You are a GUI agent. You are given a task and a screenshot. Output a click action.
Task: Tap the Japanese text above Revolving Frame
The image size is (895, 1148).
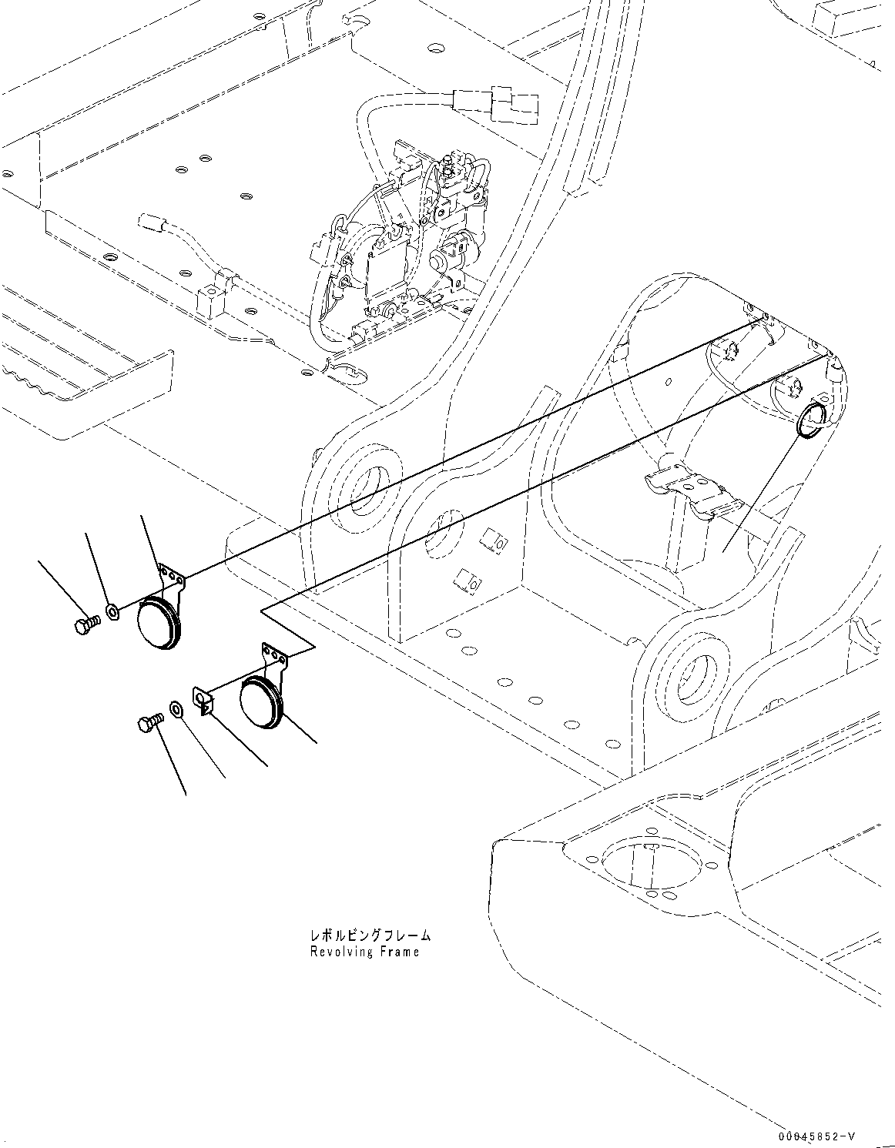(x=370, y=935)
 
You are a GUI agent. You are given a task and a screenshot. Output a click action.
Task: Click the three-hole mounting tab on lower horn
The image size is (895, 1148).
(x=276, y=654)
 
